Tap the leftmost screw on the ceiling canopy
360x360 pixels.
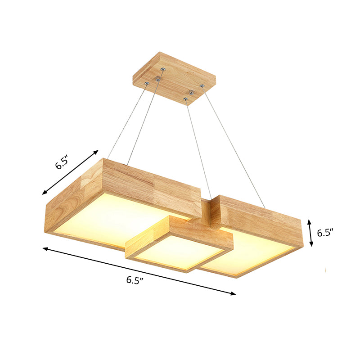click(147, 84)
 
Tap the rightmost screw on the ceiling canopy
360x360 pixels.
click(202, 85)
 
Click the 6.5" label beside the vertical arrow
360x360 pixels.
click(324, 233)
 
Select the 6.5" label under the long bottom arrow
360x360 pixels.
click(135, 280)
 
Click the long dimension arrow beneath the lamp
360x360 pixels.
click(139, 271)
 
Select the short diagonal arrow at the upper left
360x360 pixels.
click(70, 172)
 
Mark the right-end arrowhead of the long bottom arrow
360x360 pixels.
click(234, 294)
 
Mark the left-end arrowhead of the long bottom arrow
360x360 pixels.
click(45, 248)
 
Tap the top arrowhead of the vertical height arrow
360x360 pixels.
click(309, 221)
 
